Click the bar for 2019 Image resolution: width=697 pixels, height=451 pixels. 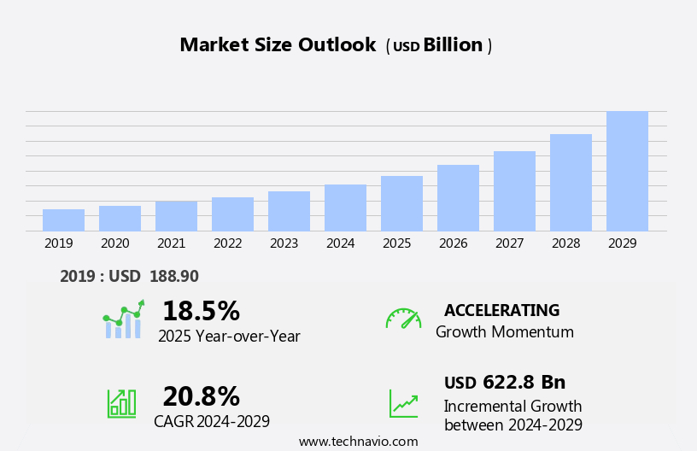[x=63, y=220]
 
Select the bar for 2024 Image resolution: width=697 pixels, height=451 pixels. [x=345, y=208]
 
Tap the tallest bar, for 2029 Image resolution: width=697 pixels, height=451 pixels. [x=627, y=171]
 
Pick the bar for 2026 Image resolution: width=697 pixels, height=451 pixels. [x=458, y=198]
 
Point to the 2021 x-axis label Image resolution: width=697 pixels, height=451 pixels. [x=171, y=243]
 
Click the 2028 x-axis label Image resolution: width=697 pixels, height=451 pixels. [x=565, y=243]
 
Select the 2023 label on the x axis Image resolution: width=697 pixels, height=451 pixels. [x=284, y=243]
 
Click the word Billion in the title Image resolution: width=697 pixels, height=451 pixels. [x=453, y=45]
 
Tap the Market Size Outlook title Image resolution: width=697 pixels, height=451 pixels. [x=278, y=45]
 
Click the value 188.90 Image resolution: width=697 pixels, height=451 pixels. [x=174, y=277]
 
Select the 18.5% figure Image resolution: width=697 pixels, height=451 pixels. [x=201, y=311]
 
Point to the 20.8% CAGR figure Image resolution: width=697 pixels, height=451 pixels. [x=201, y=396]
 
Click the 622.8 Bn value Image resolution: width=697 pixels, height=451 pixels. [x=524, y=383]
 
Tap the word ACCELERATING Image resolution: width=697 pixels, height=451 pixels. [x=501, y=311]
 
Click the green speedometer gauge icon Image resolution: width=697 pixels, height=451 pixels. [x=403, y=319]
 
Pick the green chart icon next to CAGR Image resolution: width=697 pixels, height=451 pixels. [x=121, y=402]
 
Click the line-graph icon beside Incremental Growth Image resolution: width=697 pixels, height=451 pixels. [x=403, y=403]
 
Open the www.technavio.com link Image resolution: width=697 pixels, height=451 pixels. [x=358, y=442]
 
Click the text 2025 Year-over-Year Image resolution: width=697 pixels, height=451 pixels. [x=229, y=337]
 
